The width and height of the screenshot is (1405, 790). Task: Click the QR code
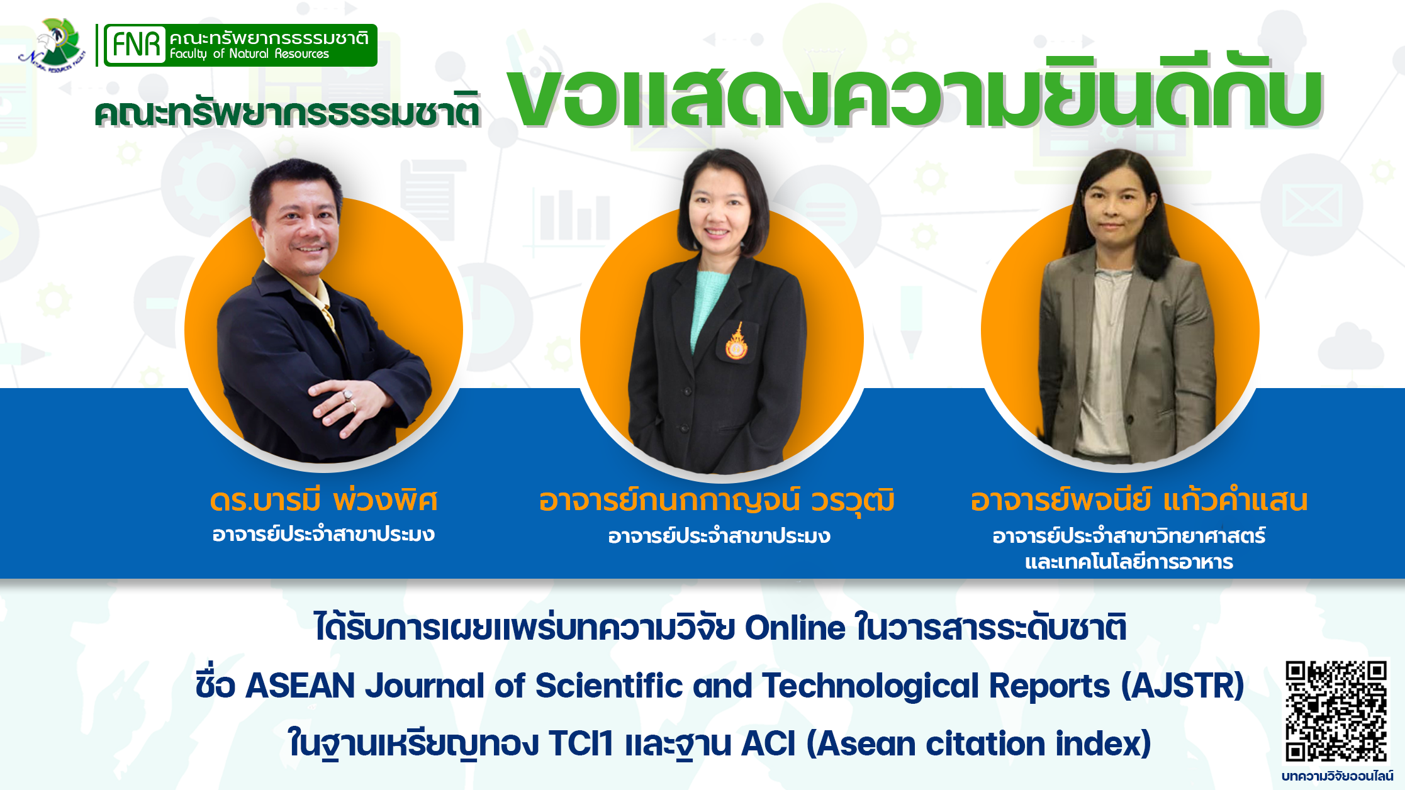[x=1336, y=711]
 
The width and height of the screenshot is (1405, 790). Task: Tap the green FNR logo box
[x=240, y=45]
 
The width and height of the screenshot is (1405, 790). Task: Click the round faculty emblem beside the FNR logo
[x=53, y=44]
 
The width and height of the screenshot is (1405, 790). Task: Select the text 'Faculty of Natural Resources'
[x=249, y=54]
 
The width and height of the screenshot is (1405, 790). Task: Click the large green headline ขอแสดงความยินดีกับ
[x=915, y=94]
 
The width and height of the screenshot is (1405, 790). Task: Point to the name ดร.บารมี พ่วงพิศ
[x=323, y=501]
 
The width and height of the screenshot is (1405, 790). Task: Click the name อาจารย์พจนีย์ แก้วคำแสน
[x=1139, y=501]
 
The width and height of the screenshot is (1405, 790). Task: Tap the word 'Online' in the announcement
[x=795, y=628]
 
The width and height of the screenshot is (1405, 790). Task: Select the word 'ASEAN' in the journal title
[x=300, y=686]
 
